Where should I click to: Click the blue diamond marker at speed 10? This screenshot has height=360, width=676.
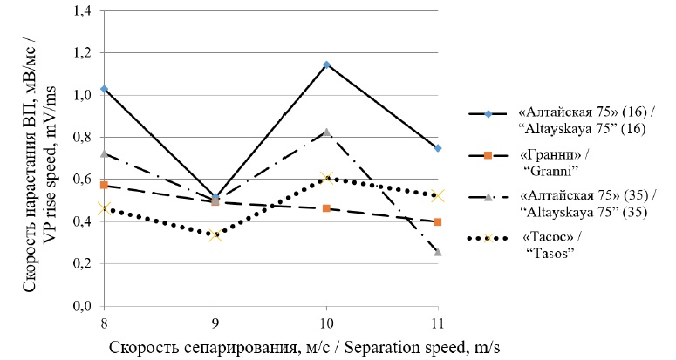(326, 65)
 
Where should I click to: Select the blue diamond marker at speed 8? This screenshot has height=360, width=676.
(105, 89)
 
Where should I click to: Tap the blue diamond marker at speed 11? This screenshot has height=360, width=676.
(437, 148)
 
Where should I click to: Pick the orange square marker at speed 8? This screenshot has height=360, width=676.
(105, 185)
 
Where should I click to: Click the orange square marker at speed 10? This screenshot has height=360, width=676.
(326, 208)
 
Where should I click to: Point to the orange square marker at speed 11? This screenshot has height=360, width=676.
(437, 221)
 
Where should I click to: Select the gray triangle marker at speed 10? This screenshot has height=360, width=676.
(326, 132)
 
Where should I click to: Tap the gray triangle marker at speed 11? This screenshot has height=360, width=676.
(437, 252)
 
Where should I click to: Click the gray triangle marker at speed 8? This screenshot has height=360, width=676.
(105, 153)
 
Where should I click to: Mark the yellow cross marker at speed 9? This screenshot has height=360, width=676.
(215, 234)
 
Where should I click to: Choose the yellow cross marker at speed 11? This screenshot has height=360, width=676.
(437, 196)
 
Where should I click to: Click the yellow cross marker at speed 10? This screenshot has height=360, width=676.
(326, 178)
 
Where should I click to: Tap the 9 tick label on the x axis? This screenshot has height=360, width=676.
(215, 322)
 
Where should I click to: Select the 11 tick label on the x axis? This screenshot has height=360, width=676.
(437, 322)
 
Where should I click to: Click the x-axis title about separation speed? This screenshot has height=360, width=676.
(305, 346)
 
